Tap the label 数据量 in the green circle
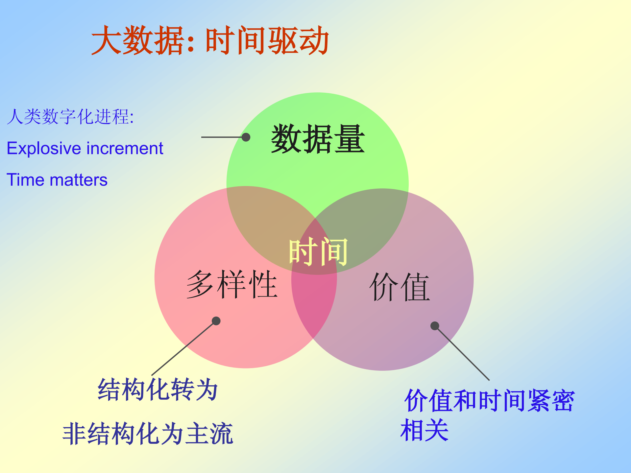(318, 139)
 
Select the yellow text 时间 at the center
(318, 252)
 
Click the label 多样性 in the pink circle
(232, 284)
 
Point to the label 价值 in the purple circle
(400, 287)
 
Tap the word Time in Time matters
(25, 180)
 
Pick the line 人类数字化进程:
(70, 117)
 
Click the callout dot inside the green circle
(246, 137)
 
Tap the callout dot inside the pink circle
(216, 321)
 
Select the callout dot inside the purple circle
(435, 326)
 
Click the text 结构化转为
(158, 390)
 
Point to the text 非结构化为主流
(148, 434)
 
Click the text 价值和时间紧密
(489, 401)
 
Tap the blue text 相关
(425, 430)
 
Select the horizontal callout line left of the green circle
(221, 137)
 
